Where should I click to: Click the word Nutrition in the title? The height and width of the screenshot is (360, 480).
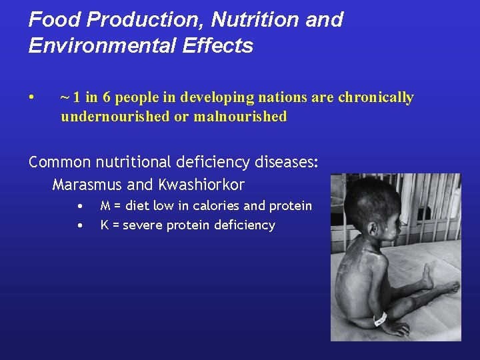[x=254, y=20]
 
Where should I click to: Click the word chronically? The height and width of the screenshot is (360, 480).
[x=375, y=97]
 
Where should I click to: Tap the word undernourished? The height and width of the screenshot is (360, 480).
[x=114, y=117]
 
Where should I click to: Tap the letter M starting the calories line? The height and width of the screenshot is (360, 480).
[x=105, y=206]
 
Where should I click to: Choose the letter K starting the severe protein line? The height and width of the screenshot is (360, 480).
[x=105, y=225]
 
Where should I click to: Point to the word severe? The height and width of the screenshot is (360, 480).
[x=143, y=225]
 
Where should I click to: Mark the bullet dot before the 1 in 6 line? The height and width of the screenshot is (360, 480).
[x=32, y=97]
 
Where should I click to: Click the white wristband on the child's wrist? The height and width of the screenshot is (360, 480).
[x=380, y=319]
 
